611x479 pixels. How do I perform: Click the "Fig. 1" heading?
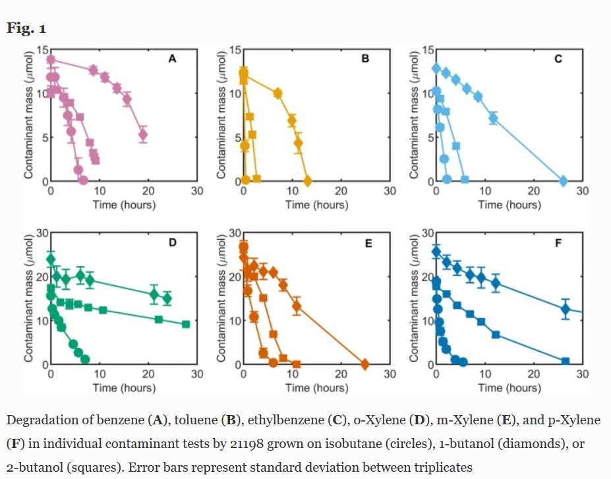point(26,28)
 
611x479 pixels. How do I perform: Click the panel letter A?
point(172,59)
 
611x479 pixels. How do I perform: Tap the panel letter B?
point(365,59)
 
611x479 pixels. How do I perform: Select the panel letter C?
point(558,59)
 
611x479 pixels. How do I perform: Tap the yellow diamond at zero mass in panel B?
point(307,181)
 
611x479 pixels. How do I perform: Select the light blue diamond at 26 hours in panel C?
point(563,181)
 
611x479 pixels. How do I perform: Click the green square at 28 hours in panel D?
point(186,324)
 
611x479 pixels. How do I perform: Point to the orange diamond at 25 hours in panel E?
point(365,364)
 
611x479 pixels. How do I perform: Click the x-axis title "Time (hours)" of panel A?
point(124,204)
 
